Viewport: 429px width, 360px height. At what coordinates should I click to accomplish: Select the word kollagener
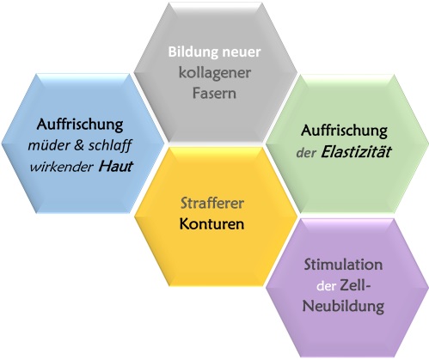click(x=215, y=73)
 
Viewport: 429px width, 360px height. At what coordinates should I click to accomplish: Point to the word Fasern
click(x=214, y=94)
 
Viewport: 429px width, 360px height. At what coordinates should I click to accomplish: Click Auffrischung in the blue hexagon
click(x=80, y=125)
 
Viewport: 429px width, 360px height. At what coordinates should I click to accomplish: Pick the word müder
click(x=48, y=145)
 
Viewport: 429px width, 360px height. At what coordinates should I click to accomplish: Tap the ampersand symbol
click(x=78, y=145)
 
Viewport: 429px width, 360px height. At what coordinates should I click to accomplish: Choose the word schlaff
click(x=110, y=146)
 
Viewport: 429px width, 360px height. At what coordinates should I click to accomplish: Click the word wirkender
click(x=62, y=167)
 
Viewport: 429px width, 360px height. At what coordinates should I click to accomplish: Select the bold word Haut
click(x=116, y=167)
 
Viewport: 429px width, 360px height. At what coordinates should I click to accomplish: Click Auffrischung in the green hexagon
click(x=344, y=131)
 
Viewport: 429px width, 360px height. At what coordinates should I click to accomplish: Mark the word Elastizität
click(x=356, y=152)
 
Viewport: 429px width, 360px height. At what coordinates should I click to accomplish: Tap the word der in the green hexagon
click(x=306, y=153)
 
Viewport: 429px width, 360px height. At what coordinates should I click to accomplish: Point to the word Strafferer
click(x=212, y=204)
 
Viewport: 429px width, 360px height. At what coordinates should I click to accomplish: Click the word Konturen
click(x=211, y=224)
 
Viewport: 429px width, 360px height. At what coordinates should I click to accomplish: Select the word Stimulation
click(x=343, y=265)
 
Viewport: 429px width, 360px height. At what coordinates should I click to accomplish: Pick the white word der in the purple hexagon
click(x=326, y=286)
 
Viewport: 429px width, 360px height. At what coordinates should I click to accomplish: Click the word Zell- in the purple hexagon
click(x=355, y=285)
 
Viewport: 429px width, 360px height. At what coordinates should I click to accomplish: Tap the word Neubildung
click(x=343, y=307)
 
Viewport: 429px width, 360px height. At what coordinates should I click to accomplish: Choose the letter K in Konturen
click(x=184, y=224)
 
